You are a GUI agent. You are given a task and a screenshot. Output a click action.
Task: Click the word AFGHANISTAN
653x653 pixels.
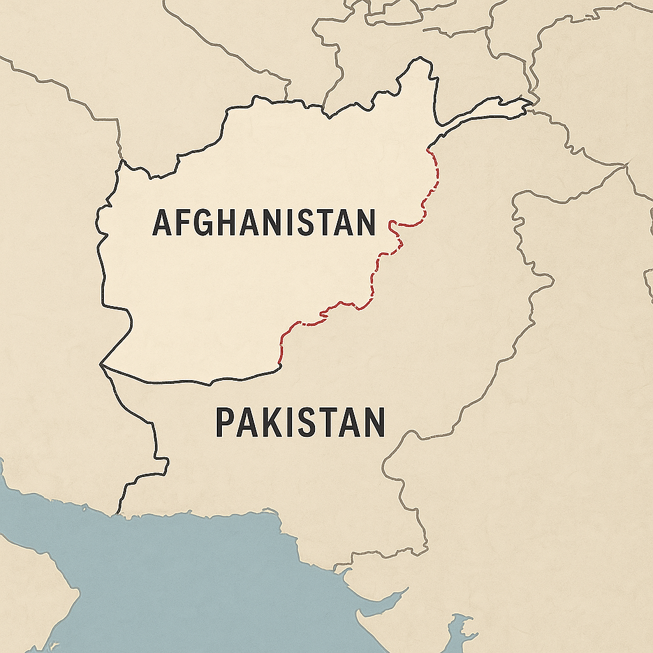(263, 222)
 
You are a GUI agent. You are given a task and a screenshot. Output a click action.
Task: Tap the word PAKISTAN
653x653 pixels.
(300, 423)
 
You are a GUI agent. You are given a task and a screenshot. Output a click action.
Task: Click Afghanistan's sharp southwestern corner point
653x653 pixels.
(101, 365)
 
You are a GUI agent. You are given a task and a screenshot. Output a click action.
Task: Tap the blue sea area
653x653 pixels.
(191, 574)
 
